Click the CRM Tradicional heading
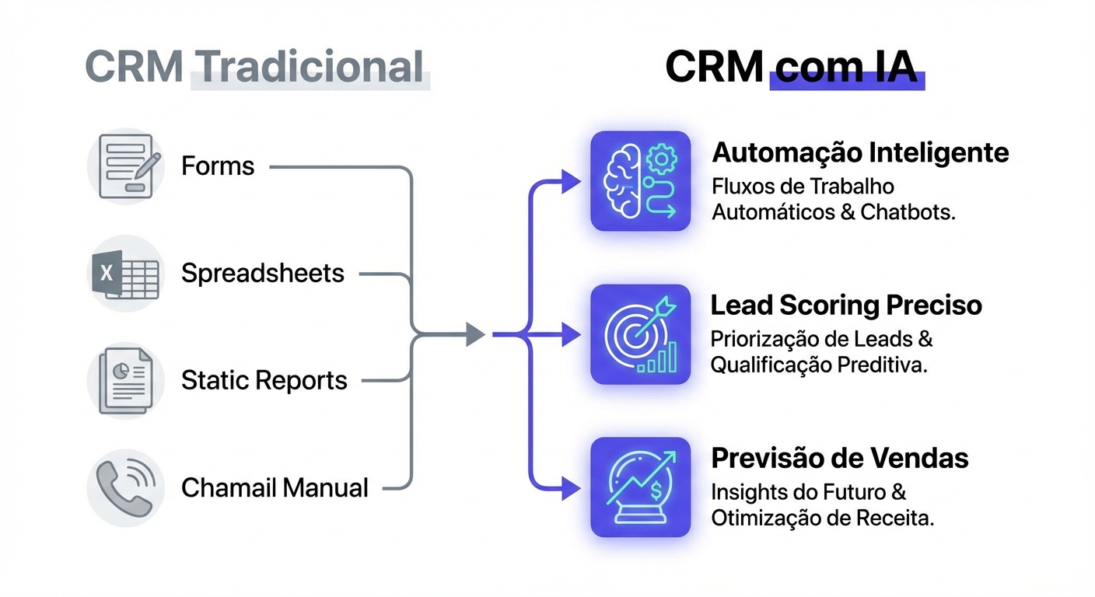tap(255, 67)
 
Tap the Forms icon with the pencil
tap(125, 166)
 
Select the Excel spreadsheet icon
tap(125, 273)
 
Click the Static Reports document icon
tap(125, 380)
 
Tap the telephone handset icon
tap(125, 488)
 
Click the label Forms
tap(218, 166)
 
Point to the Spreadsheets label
tap(262, 274)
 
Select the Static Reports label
tap(264, 381)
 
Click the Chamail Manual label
tap(275, 488)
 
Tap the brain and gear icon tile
tap(640, 181)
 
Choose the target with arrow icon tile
tap(640, 334)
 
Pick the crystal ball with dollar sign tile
tap(640, 487)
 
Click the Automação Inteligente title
tap(860, 152)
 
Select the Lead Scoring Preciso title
tap(846, 305)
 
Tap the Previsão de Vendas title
tap(840, 459)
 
